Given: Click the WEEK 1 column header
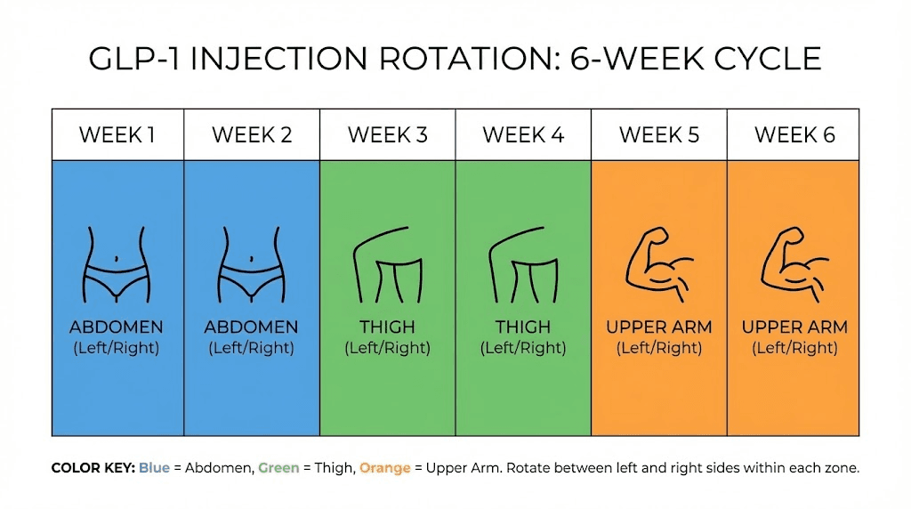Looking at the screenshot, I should (x=117, y=135).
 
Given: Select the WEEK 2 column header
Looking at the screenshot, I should (x=252, y=135).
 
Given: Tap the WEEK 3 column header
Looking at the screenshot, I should (x=387, y=135).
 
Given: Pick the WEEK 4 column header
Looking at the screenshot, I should (x=523, y=135).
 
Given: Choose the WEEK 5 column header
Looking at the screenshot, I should (x=659, y=135).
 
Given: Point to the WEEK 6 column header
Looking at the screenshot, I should (x=794, y=135).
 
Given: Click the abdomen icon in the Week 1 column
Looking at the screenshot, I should (x=116, y=263).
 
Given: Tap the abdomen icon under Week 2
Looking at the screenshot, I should (x=252, y=263).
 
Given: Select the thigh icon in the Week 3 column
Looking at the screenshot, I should (x=387, y=269).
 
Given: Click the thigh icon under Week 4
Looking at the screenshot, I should (x=523, y=269).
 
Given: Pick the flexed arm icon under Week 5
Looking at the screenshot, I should (x=659, y=263).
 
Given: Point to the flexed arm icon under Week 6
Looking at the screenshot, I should (x=794, y=263).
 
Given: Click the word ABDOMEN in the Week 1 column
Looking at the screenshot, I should (x=116, y=327).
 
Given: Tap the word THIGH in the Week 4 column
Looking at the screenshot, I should (x=523, y=327).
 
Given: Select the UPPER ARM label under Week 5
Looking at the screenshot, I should (x=659, y=327).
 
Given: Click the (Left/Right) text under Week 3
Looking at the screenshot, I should (x=387, y=348).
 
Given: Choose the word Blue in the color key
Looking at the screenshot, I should (x=154, y=468).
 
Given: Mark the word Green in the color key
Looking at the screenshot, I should (x=278, y=468).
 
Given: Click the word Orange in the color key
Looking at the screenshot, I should (x=385, y=468).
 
